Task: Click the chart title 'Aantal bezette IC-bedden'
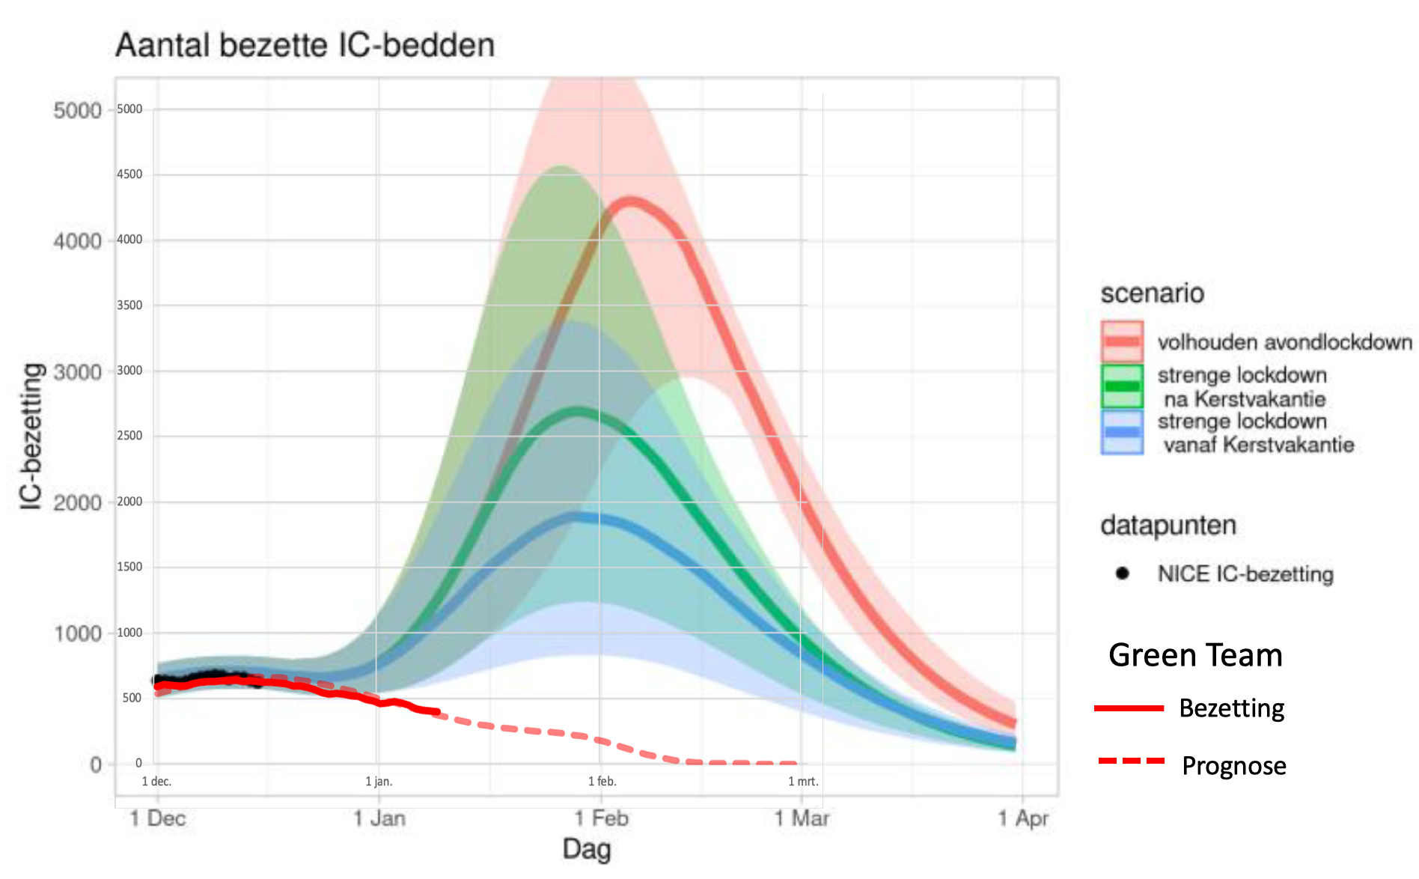click(305, 46)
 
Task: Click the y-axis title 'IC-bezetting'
click(31, 436)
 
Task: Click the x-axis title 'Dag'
click(587, 850)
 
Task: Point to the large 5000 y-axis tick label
click(77, 111)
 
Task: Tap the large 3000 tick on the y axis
click(77, 372)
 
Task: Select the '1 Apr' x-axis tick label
click(1023, 818)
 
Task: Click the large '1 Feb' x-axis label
click(602, 818)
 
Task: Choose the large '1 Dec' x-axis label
click(157, 818)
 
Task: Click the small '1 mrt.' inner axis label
click(803, 782)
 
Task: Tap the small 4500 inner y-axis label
click(129, 174)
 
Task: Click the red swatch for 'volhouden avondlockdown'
click(1122, 341)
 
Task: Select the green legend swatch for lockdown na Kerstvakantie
click(1122, 386)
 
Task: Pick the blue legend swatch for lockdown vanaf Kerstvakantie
click(1122, 432)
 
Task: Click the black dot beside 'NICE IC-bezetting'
click(1122, 574)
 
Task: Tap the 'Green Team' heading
click(1195, 655)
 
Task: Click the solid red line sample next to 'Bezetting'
click(1129, 708)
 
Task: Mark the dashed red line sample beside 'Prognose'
click(1131, 761)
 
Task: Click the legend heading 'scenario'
click(1152, 293)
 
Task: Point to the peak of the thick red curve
click(631, 201)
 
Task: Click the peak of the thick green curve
click(578, 410)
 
